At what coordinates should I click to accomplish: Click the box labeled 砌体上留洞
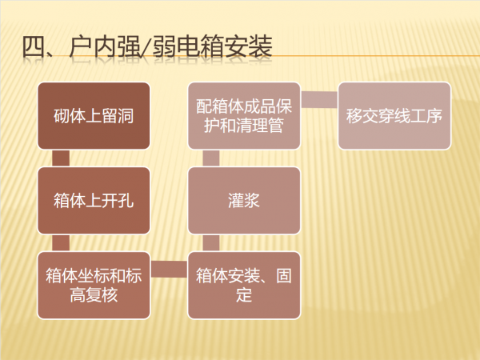pyautogui.click(x=94, y=116)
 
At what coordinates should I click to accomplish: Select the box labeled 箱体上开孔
pyautogui.click(x=94, y=200)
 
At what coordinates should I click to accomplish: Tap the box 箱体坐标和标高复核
pyautogui.click(x=94, y=285)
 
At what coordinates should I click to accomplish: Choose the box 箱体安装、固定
pyautogui.click(x=244, y=285)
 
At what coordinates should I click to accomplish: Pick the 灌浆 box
pyautogui.click(x=244, y=200)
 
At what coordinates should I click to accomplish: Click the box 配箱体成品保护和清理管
pyautogui.click(x=244, y=116)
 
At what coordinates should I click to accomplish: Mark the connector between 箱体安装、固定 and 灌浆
pyautogui.click(x=210, y=242)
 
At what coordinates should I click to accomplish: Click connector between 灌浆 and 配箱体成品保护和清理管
pyautogui.click(x=210, y=158)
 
